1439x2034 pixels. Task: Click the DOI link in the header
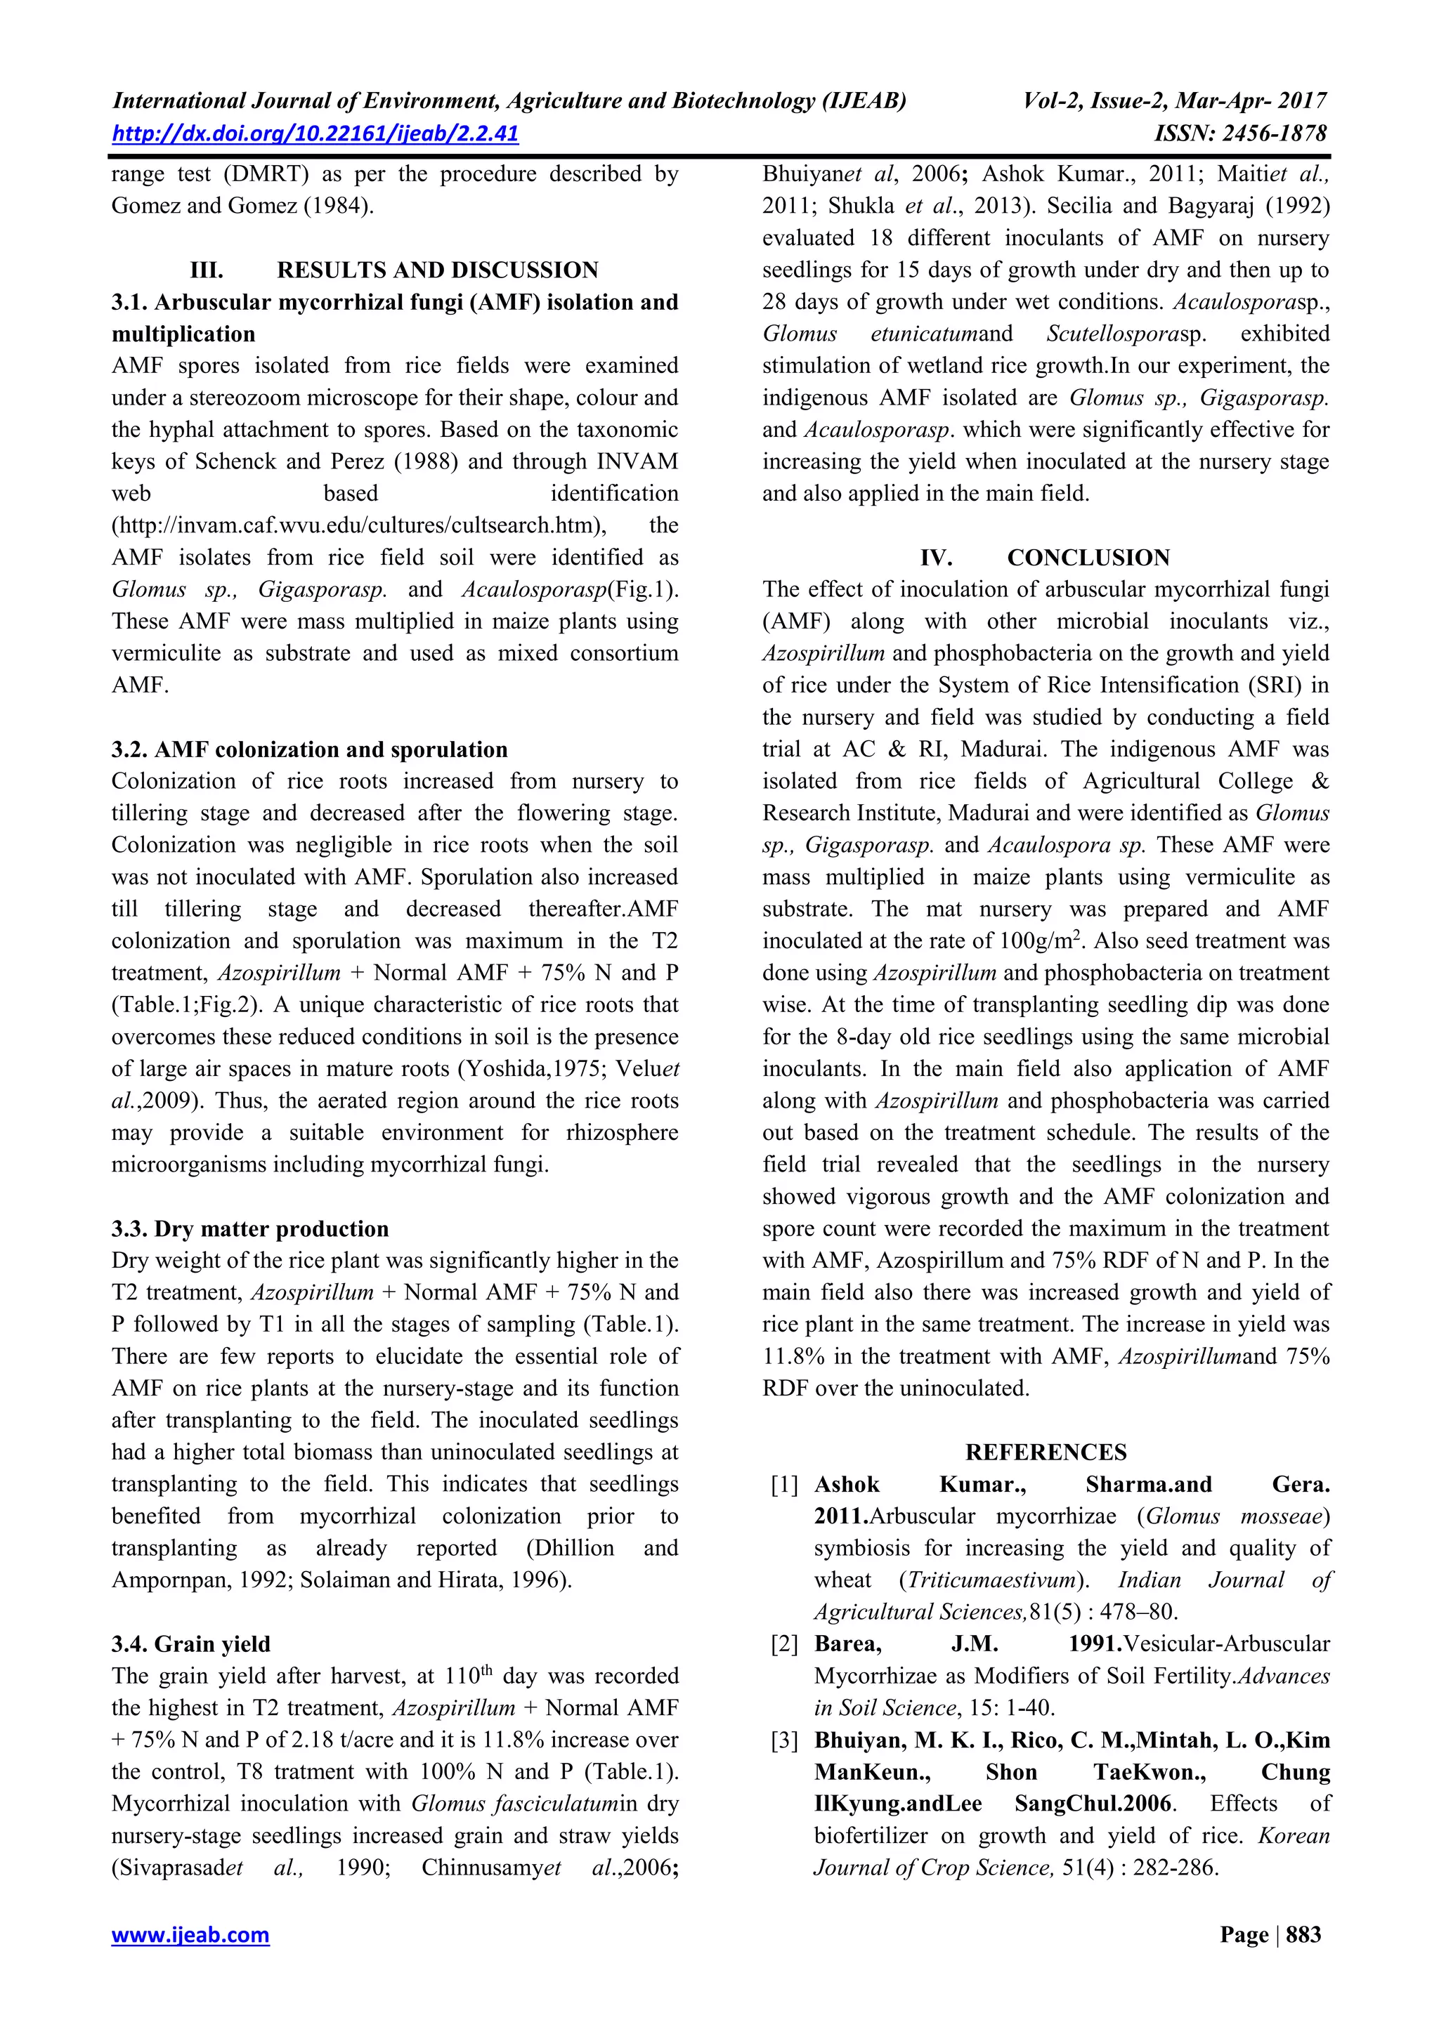point(315,133)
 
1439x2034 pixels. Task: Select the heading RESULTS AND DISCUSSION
point(437,270)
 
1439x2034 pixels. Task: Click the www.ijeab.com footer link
point(190,1935)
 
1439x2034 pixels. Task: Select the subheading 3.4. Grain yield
point(190,1644)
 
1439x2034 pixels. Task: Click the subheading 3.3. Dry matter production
point(250,1228)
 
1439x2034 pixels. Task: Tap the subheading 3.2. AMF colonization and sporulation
point(309,749)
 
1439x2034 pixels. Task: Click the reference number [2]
point(784,1645)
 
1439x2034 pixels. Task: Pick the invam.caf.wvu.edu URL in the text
point(359,526)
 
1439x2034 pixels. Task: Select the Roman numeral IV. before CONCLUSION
point(936,558)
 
